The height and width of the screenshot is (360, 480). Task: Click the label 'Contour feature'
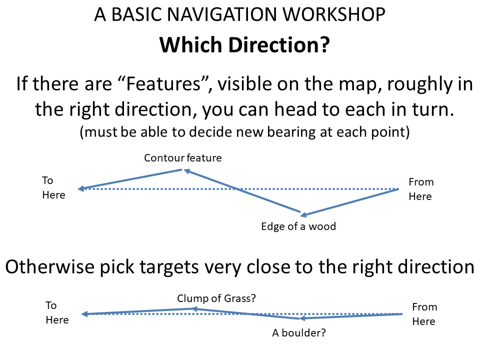coord(183,158)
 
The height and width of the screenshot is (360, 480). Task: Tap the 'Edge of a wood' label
coord(298,226)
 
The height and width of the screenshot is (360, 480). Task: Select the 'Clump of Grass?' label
coord(216,298)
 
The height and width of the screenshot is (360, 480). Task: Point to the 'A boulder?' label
coord(299,333)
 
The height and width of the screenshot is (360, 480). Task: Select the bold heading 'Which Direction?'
coord(244,44)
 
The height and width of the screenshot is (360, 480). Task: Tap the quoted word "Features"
coord(164,83)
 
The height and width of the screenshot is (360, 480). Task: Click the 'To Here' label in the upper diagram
coord(53,187)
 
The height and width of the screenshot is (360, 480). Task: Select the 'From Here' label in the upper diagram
coord(421,189)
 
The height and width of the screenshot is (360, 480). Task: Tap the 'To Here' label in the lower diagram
coord(57,312)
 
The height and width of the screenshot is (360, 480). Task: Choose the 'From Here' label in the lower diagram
coord(424,314)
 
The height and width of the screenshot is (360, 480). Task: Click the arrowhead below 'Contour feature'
coord(187,171)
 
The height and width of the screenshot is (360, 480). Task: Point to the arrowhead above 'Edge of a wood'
coord(303,214)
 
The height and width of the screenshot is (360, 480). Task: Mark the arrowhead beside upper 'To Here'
coord(81,188)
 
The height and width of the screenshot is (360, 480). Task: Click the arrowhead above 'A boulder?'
coord(302,318)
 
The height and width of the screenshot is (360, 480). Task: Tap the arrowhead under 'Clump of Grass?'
coord(194,309)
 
